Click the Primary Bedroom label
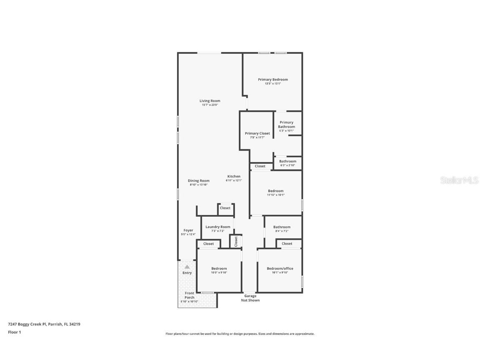pos(272,80)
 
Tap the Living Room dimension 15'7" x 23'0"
pos(210,105)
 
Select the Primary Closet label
pos(257,133)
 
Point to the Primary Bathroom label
pos(287,125)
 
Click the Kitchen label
pos(233,176)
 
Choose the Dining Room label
pos(198,180)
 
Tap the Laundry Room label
pos(217,227)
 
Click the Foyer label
pos(188,230)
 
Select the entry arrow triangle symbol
pos(187,267)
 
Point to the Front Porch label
pos(190,295)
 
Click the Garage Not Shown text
pos(250,298)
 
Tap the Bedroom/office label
pos(280,268)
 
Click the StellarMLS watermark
pos(460,180)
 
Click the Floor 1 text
pos(14,332)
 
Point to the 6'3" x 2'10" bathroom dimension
pos(287,165)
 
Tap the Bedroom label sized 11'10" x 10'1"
pos(275,191)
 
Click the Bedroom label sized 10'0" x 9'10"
pos(219,268)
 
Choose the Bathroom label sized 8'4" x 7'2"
pos(282,227)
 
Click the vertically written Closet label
pos(236,241)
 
